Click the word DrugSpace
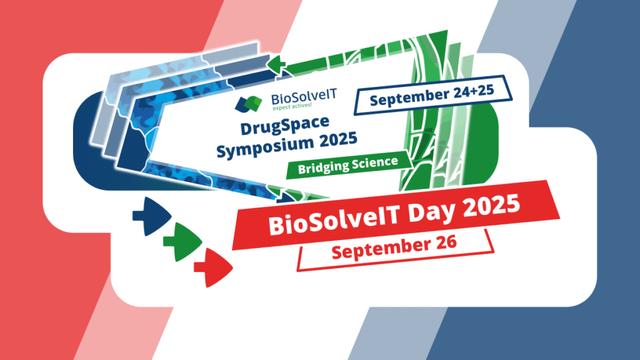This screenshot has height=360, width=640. (284, 124)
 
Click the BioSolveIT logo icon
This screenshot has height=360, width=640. (248, 104)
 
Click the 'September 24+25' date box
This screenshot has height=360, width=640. (433, 95)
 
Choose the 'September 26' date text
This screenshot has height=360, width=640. (394, 246)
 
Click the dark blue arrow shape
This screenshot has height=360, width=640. (151, 216)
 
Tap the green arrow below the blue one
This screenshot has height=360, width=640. (182, 242)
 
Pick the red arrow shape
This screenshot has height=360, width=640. (213, 267)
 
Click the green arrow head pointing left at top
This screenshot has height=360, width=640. (276, 65)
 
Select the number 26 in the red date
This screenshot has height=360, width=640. (447, 242)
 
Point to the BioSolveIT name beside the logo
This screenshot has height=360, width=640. (304, 97)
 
